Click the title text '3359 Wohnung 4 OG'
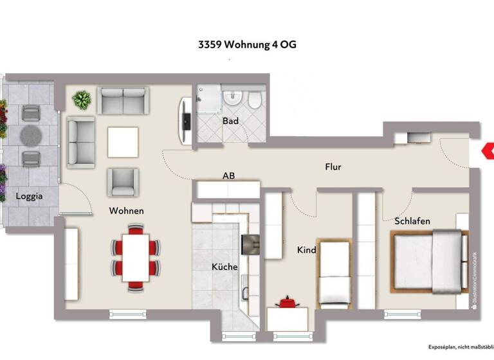point(247,45)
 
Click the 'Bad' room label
point(230,121)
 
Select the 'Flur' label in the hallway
point(333,167)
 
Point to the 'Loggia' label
point(30,197)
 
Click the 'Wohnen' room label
point(126,211)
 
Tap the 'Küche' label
point(224,267)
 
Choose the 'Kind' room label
point(306,249)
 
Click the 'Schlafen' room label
point(412,221)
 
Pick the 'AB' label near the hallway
point(228,175)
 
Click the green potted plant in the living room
point(82,100)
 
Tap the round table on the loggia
point(30,136)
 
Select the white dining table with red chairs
point(135,256)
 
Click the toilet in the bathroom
point(254,100)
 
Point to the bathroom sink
point(232,99)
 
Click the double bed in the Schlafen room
point(428,260)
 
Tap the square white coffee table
point(123,142)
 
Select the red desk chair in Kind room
point(285,301)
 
